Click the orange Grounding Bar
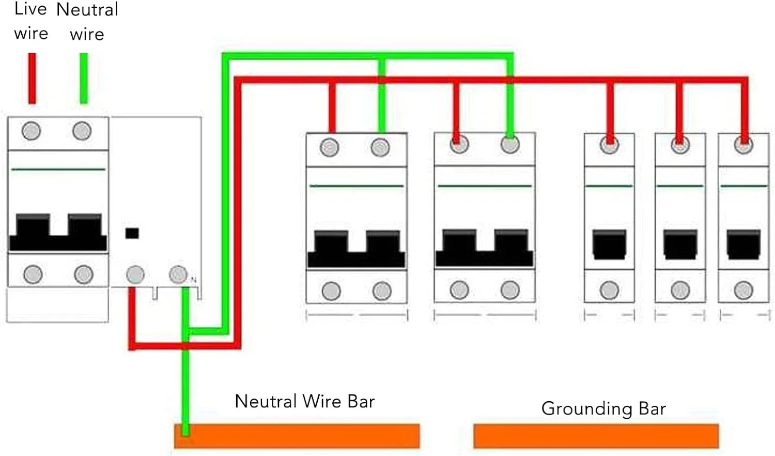[596, 436]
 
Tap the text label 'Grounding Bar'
[603, 408]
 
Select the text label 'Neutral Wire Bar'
[304, 401]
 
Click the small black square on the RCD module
[132, 233]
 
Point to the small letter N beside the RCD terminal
[194, 280]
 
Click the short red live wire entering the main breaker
[32, 78]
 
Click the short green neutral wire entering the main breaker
[84, 78]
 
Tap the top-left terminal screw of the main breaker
[31, 131]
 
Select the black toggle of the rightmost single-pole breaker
[743, 244]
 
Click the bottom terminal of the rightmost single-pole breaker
[743, 291]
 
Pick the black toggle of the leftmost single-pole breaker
[610, 244]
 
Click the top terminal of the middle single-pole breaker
[680, 146]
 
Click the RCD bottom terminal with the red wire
[135, 275]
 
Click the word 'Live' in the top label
[30, 9]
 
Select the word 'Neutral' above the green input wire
[87, 9]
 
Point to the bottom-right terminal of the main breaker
[83, 275]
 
